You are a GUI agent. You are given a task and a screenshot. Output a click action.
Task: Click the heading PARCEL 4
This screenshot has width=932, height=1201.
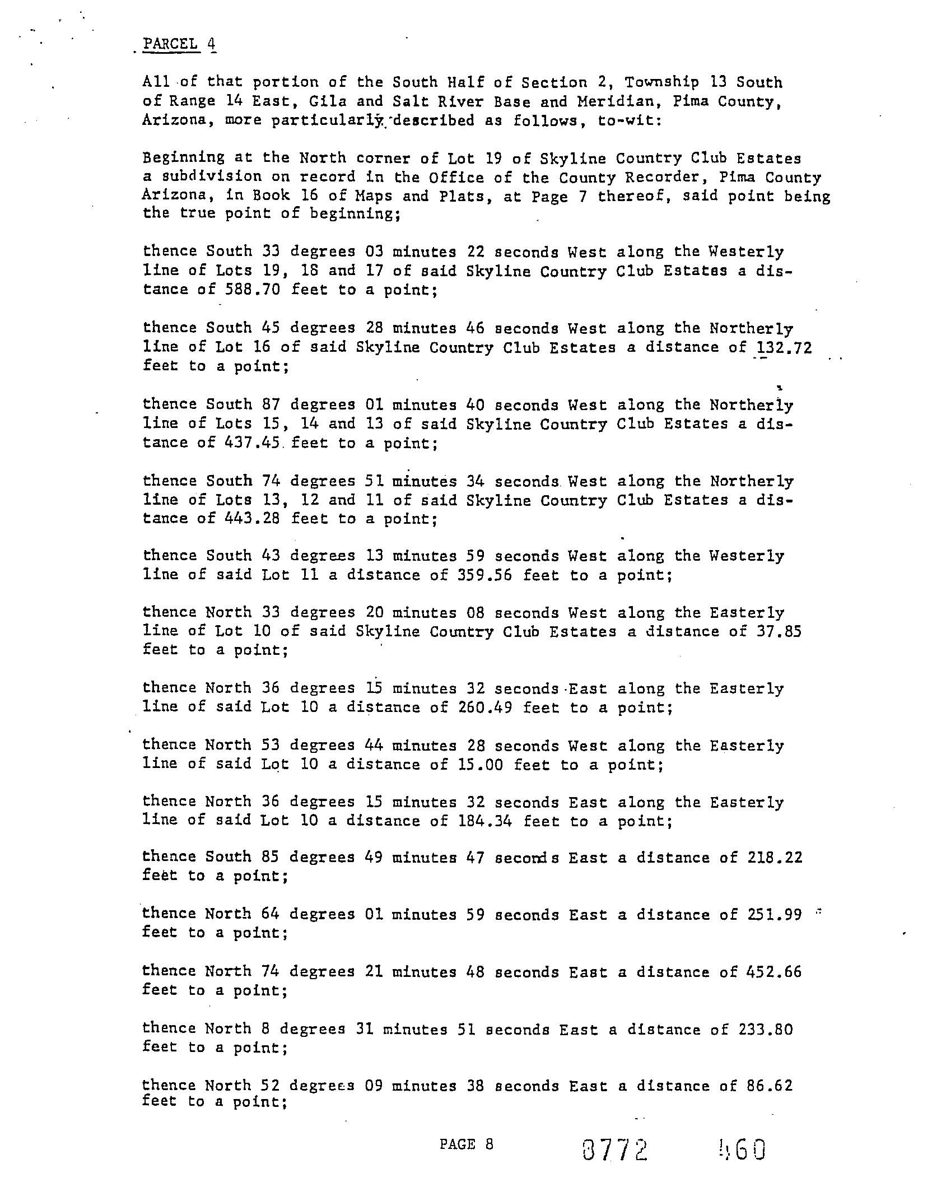[179, 44]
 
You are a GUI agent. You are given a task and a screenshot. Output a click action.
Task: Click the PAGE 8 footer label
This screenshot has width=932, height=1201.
[466, 1144]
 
